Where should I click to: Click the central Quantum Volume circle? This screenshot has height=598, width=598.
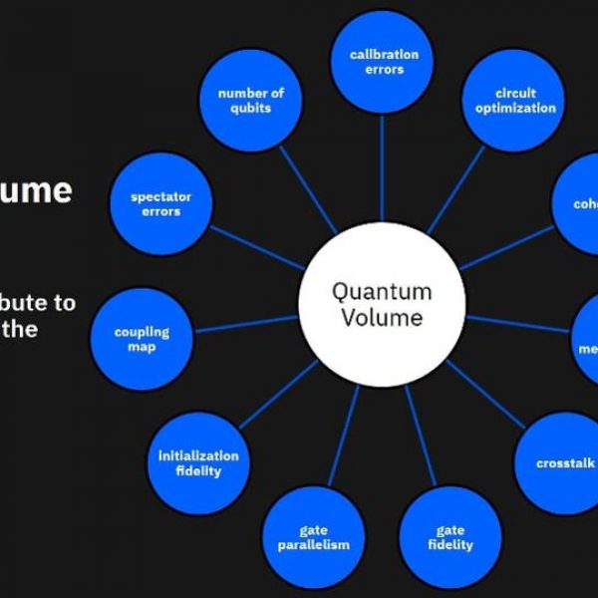pyautogui.click(x=382, y=305)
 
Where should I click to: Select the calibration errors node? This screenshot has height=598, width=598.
pyautogui.click(x=384, y=62)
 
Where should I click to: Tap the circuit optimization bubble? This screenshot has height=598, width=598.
pyautogui.click(x=515, y=101)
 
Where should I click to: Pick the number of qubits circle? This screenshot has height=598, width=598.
pyautogui.click(x=251, y=101)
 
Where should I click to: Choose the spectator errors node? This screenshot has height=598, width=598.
pyautogui.click(x=161, y=204)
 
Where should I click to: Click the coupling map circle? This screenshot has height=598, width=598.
pyautogui.click(x=142, y=339)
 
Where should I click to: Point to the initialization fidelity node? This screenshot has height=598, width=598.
pyautogui.click(x=198, y=463)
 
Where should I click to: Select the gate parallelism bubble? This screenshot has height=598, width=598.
pyautogui.click(x=313, y=537)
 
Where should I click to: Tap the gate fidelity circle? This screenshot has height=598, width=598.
pyautogui.click(x=450, y=537)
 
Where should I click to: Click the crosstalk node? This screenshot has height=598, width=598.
pyautogui.click(x=563, y=462)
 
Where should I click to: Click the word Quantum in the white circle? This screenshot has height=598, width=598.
pyautogui.click(x=382, y=292)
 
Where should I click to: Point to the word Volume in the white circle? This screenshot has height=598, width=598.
pyautogui.click(x=382, y=318)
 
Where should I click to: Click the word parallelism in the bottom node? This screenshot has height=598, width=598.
pyautogui.click(x=313, y=545)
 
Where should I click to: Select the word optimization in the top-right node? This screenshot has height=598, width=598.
pyautogui.click(x=515, y=108)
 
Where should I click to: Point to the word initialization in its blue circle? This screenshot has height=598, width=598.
pyautogui.click(x=198, y=455)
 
